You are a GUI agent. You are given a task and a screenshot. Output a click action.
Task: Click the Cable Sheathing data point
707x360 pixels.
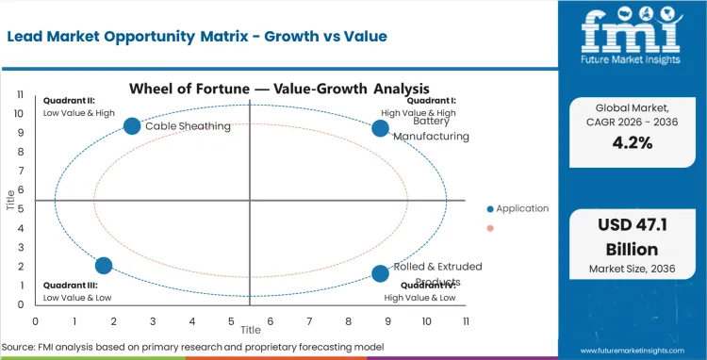tap(132, 126)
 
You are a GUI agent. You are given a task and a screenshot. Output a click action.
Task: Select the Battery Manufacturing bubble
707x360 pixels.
tap(380, 128)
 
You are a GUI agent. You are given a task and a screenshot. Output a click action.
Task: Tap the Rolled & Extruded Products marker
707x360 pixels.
tap(380, 273)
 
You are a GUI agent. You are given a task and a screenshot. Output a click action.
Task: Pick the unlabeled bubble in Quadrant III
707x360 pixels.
tap(104, 266)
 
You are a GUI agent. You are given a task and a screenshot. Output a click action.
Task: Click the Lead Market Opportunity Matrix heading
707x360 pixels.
tap(185, 36)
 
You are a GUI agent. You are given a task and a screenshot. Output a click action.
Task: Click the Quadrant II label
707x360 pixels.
tap(67, 101)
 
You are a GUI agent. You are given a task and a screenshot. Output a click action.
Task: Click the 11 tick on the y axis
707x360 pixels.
tap(20, 94)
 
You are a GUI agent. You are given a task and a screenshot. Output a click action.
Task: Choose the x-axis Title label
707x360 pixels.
tap(250, 331)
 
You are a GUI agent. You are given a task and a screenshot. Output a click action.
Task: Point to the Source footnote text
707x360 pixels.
tap(192, 347)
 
